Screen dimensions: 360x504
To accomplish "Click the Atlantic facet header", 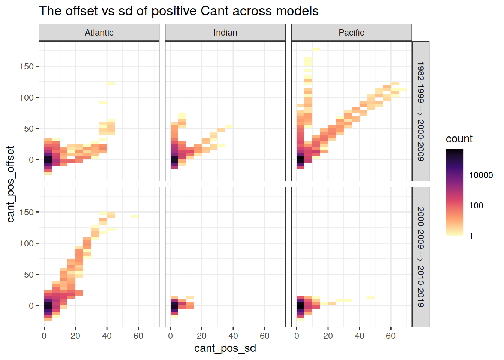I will (x=99, y=33).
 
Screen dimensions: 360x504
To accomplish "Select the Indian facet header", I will (x=225, y=33).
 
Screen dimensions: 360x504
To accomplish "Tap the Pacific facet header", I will (x=351, y=33).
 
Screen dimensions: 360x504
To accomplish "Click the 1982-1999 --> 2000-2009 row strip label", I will (x=420, y=111).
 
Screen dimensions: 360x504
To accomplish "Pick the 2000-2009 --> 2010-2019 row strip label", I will (x=420, y=257).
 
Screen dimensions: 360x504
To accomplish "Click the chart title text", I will (x=178, y=11).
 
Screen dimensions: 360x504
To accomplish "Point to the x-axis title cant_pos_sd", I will (x=225, y=348).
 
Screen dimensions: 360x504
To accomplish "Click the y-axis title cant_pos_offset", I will (x=10, y=184).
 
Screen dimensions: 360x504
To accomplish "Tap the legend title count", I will (x=459, y=139).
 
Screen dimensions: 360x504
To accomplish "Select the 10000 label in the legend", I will (x=481, y=175).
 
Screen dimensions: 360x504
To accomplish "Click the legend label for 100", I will (x=476, y=205).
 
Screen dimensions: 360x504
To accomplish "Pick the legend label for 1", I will (x=471, y=236).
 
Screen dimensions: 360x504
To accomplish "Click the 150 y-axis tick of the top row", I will (x=27, y=66).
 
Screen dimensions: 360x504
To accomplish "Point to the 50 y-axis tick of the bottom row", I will (x=29, y=274).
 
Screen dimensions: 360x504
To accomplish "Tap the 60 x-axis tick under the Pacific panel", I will (x=391, y=336).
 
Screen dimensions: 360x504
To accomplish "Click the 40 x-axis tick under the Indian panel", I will (x=233, y=336).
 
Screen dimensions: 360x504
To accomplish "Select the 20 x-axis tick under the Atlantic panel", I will (x=75, y=336).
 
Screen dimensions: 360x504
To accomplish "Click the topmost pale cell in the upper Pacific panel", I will (x=316, y=49).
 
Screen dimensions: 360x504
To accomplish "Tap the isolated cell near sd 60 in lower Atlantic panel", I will (x=134, y=216).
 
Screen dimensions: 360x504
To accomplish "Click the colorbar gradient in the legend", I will (x=454, y=192).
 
